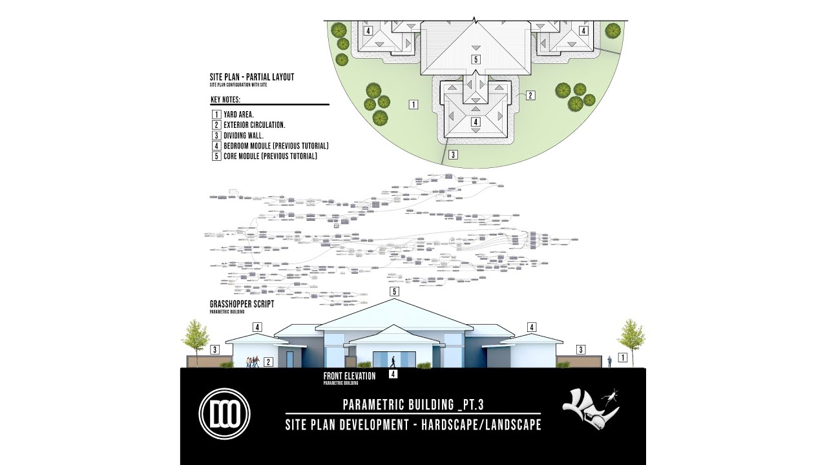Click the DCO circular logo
click(x=224, y=415)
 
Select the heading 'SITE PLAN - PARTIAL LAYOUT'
click(x=251, y=77)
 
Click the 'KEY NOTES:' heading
click(x=225, y=100)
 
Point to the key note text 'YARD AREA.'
click(x=238, y=114)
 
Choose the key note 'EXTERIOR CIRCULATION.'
click(x=254, y=125)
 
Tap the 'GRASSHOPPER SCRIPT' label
click(x=242, y=304)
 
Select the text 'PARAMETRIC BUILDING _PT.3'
click(x=413, y=405)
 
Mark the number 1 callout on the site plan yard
click(x=413, y=103)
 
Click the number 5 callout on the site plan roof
click(x=476, y=59)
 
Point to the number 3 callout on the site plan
click(x=454, y=154)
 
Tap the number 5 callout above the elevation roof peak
click(x=395, y=292)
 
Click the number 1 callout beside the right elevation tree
click(x=623, y=356)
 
